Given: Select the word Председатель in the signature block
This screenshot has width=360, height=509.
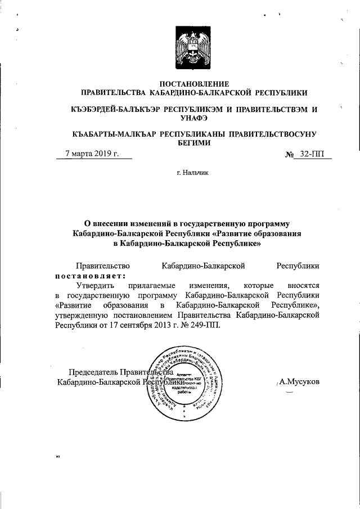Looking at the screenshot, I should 93,372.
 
